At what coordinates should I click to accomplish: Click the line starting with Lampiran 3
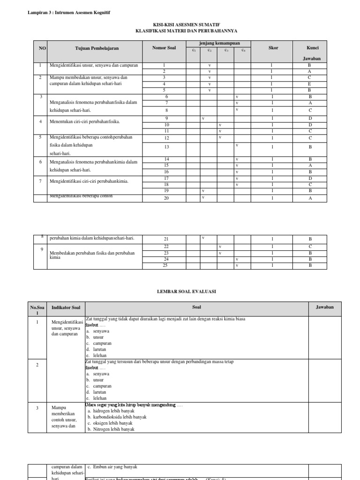click(70, 12)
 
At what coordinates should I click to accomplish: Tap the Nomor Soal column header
click(164, 48)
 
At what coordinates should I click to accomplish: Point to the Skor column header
click(273, 48)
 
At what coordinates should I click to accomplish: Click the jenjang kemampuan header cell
click(219, 43)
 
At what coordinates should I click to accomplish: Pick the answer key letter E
click(309, 84)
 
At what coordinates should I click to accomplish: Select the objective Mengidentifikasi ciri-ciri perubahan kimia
click(89, 181)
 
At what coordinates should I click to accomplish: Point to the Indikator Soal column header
click(66, 307)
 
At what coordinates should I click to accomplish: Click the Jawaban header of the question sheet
click(324, 307)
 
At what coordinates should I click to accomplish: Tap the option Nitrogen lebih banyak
click(111, 429)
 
